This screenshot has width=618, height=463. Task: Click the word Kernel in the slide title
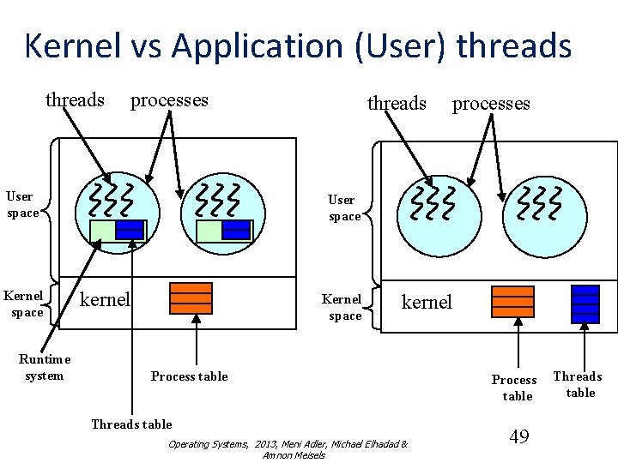tap(72, 45)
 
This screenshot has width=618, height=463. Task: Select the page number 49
tap(518, 437)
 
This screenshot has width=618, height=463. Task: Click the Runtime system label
tap(45, 367)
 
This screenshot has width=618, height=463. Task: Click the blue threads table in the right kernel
tap(585, 304)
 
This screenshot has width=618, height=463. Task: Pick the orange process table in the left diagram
tap(191, 298)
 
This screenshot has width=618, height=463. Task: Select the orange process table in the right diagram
tap(512, 302)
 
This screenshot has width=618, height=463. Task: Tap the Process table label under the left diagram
tap(189, 376)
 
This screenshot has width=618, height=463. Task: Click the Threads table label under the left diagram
tap(131, 424)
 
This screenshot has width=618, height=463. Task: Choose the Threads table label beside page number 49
tap(578, 384)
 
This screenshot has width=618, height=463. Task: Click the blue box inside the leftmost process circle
tap(130, 230)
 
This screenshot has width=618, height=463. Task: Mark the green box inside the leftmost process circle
tap(102, 231)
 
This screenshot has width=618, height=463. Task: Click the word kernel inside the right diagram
tap(427, 302)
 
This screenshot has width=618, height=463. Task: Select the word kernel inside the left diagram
tap(105, 299)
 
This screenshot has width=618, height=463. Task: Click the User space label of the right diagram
tap(344, 207)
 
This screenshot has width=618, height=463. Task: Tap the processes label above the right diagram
tap(491, 104)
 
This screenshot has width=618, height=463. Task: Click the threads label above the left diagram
tap(75, 99)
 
